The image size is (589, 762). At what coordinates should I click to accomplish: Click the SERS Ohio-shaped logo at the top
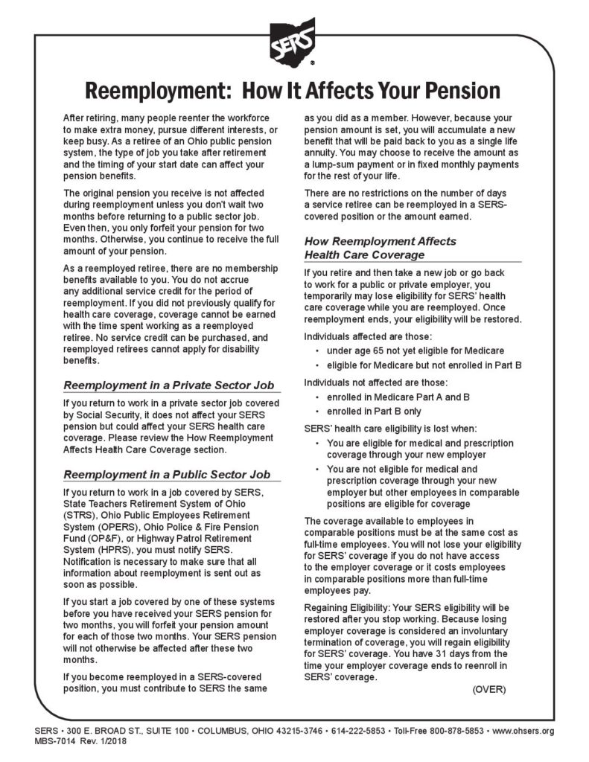[293, 39]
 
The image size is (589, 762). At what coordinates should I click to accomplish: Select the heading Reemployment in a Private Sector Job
[168, 385]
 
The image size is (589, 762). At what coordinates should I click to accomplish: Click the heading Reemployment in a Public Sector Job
[167, 474]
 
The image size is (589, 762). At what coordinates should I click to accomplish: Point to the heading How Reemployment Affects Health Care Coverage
[380, 248]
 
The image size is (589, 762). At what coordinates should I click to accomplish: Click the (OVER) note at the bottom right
[488, 689]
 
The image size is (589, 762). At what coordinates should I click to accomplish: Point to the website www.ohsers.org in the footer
[523, 731]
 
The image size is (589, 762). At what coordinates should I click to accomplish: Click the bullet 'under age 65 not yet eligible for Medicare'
[415, 350]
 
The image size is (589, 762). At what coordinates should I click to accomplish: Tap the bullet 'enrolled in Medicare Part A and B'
[398, 397]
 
